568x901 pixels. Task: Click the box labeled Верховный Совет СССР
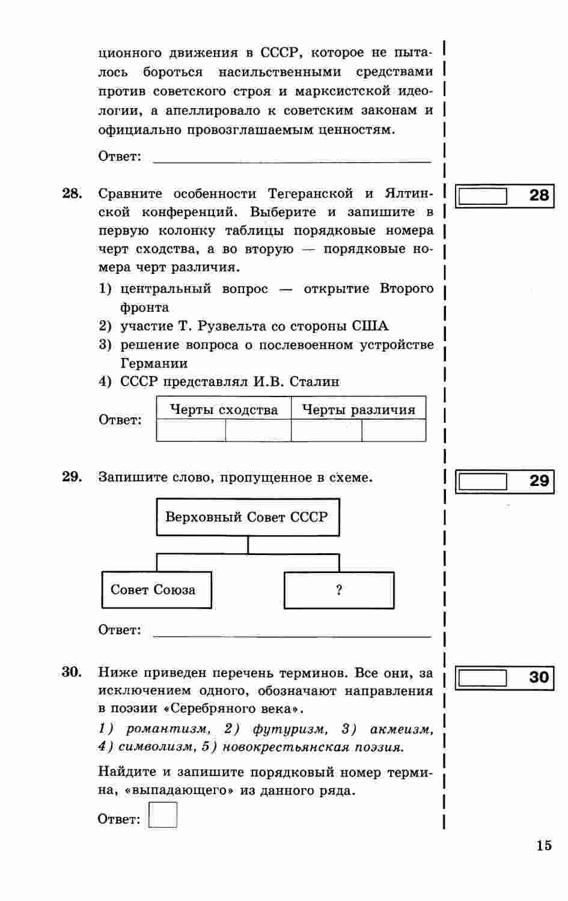click(x=247, y=517)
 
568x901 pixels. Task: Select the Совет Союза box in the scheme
click(x=156, y=590)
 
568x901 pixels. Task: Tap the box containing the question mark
click(x=339, y=590)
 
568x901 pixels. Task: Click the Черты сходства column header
click(x=224, y=410)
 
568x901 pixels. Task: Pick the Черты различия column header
click(x=358, y=410)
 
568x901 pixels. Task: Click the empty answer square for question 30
click(x=163, y=815)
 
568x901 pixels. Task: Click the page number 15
click(x=543, y=846)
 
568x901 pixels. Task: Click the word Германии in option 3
click(x=154, y=363)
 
